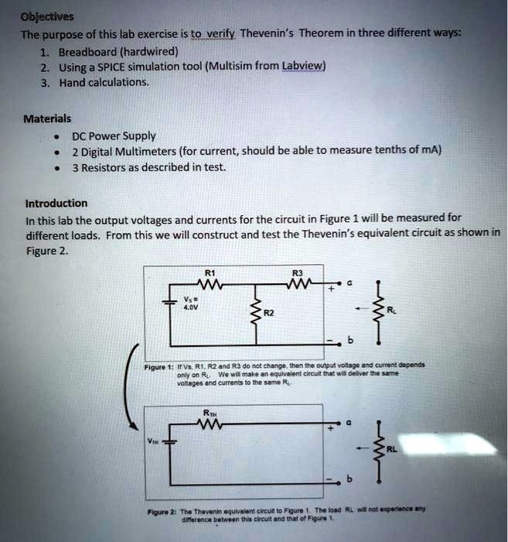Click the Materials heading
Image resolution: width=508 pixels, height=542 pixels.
coord(47,118)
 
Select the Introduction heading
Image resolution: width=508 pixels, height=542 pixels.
coord(56,204)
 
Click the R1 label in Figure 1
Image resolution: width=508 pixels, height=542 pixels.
coord(210,273)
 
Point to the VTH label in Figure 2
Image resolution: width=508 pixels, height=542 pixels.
coord(152,441)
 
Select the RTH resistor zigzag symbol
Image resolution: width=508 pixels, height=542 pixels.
coord(210,424)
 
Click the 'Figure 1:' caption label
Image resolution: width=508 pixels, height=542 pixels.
coord(160,364)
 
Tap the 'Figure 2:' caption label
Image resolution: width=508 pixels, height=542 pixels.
coord(160,510)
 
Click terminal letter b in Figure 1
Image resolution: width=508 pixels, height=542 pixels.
coord(350,341)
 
